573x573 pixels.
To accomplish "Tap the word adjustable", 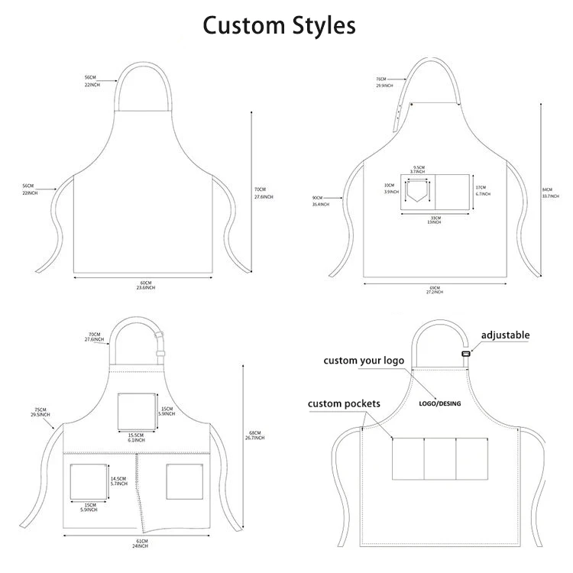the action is (x=505, y=335).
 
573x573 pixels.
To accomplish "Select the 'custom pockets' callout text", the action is (x=344, y=403).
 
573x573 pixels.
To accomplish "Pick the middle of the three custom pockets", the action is (x=440, y=459).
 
